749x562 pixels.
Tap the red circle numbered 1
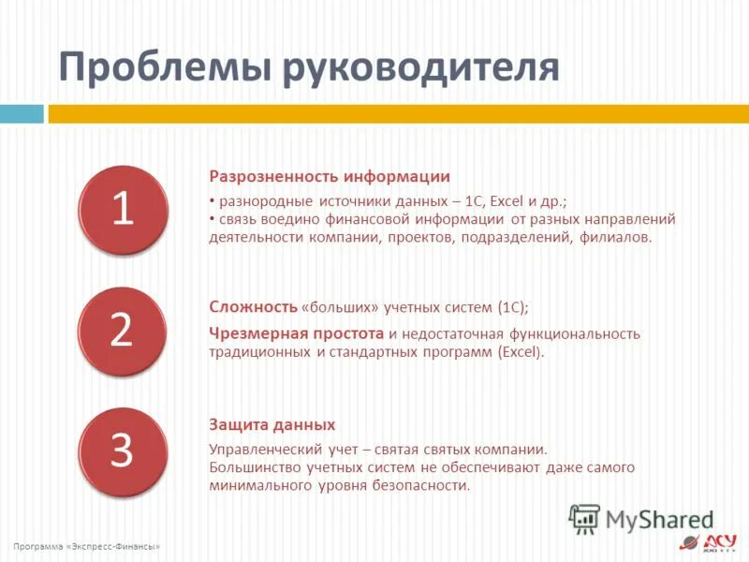123,210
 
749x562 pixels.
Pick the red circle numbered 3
123,451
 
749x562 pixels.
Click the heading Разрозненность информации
329,176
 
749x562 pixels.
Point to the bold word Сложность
252,307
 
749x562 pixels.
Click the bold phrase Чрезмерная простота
297,333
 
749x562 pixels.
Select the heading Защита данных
272,424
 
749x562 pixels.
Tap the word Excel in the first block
507,201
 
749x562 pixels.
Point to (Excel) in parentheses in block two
521,353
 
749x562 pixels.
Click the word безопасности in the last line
420,485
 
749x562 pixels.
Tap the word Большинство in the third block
252,467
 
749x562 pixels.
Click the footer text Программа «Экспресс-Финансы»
87,546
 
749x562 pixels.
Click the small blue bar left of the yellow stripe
22,113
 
